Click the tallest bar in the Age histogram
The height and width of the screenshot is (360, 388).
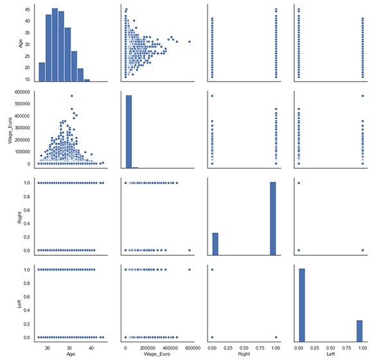(55, 45)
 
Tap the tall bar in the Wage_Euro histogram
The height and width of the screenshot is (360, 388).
(128, 132)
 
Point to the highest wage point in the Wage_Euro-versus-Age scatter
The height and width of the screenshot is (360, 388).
(71, 96)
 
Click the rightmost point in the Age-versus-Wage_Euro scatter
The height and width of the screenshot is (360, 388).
(190, 42)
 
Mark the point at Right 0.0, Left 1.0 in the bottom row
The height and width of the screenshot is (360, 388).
(213, 269)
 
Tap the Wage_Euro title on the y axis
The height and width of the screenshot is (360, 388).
(7, 129)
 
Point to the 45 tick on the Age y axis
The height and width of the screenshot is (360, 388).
(26, 10)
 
